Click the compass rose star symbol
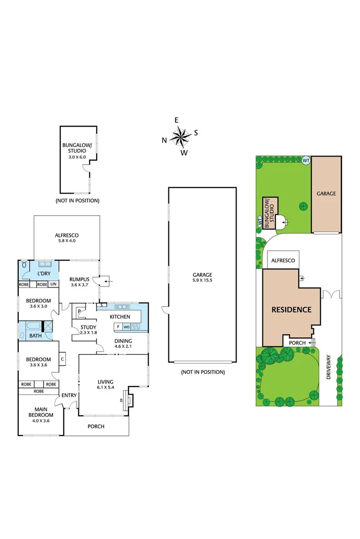pyautogui.click(x=180, y=135)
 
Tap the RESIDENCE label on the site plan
pyautogui.click(x=291, y=310)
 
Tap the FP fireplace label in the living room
pyautogui.click(x=121, y=400)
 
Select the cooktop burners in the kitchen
pyautogui.click(x=135, y=327)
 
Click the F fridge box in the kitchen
pyautogui.click(x=118, y=327)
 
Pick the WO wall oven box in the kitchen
pyautogui.click(x=126, y=327)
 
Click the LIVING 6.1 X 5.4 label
pyautogui.click(x=106, y=384)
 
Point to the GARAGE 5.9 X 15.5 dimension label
pyautogui.click(x=202, y=277)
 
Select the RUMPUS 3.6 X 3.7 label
pyautogui.click(x=79, y=281)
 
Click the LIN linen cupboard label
pyautogui.click(x=53, y=284)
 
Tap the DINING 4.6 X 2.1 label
pyautogui.click(x=123, y=344)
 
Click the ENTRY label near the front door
pyautogui.click(x=69, y=395)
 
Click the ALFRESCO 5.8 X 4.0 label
pyautogui.click(x=67, y=238)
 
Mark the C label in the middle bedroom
pyautogui.click(x=62, y=360)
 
